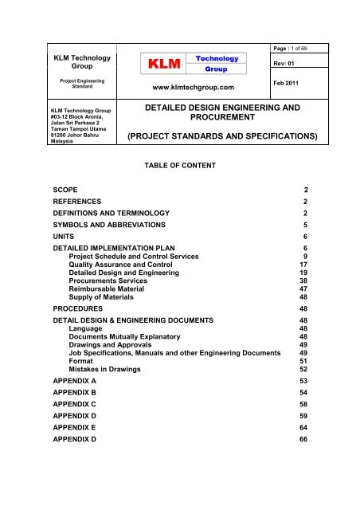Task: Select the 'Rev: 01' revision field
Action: pos(299,65)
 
